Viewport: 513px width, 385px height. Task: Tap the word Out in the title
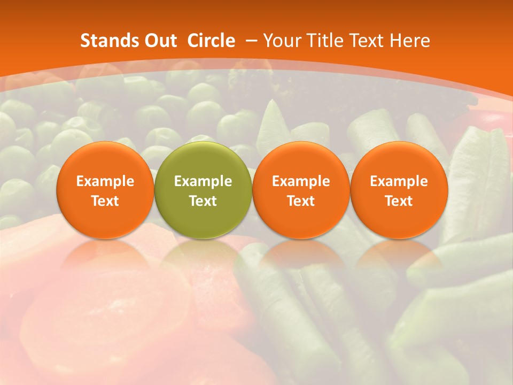[160, 41]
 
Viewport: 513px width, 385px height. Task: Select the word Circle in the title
[211, 41]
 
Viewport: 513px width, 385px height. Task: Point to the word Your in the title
[280, 41]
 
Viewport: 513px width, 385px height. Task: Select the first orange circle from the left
[105, 190]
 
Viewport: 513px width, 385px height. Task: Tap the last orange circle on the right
[399, 190]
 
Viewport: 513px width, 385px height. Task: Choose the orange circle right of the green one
[301, 190]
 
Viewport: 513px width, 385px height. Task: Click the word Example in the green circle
[203, 181]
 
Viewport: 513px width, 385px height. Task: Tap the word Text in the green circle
[203, 201]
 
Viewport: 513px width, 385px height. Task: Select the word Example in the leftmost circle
[105, 181]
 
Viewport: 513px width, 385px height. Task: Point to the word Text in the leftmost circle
[105, 201]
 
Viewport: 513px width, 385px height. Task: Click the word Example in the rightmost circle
[399, 181]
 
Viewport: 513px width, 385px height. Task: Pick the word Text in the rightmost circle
[399, 201]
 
